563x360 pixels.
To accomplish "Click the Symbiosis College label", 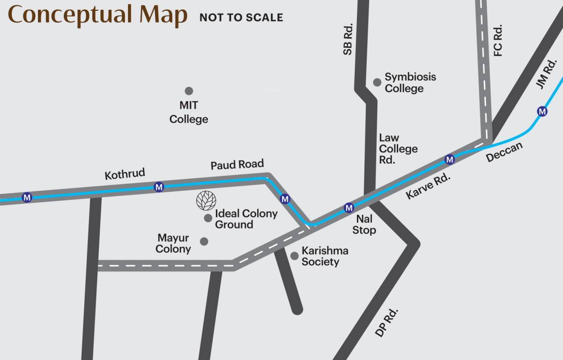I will point(410,82).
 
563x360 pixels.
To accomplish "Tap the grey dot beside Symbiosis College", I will point(377,82).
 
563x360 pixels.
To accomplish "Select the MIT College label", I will point(189,112).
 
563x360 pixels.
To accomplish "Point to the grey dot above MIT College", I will point(189,91).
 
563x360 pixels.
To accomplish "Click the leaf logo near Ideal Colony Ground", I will point(206,200).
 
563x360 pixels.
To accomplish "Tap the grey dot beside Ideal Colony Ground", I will point(208,218).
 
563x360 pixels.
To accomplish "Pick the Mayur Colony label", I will point(173,244).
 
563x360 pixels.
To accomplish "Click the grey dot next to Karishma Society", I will point(295,255).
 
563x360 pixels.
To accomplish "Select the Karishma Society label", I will point(325,256).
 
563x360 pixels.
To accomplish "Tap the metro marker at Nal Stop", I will point(348,207).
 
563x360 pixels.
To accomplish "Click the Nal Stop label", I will point(364,225).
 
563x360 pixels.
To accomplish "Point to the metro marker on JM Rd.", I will point(542,112).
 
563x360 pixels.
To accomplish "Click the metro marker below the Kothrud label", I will point(159,187).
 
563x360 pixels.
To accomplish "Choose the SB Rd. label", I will point(348,39).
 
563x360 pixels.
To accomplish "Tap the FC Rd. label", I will point(498,40).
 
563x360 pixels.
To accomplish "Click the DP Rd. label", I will point(387,322).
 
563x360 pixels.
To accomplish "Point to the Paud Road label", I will point(237,165).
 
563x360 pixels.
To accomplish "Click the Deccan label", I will point(504,152).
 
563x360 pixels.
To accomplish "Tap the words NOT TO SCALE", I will point(241,18).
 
